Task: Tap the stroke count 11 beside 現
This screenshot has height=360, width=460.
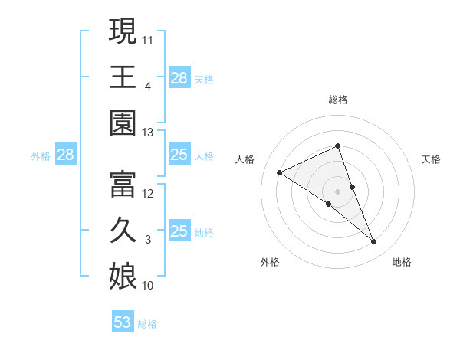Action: pos(148,38)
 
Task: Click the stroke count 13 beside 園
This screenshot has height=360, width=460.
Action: pos(148,133)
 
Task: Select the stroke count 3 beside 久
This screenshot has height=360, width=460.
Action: pos(148,240)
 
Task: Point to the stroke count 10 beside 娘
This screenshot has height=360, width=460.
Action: pos(148,286)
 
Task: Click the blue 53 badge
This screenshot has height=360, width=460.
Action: pos(123,322)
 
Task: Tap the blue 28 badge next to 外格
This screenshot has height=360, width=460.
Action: pos(65,155)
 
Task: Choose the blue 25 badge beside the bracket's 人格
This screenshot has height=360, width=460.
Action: pos(179,155)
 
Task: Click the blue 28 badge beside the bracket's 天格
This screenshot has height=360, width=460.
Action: pos(179,77)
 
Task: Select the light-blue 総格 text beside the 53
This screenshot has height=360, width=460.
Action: pos(147,324)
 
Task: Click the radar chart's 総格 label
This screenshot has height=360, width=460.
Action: pos(337,100)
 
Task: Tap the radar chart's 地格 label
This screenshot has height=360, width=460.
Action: pos(402,262)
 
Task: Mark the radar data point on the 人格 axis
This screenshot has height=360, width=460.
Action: pos(280,172)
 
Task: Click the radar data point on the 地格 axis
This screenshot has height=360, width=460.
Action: pos(374,242)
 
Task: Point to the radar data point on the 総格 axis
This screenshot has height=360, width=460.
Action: pos(337,146)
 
